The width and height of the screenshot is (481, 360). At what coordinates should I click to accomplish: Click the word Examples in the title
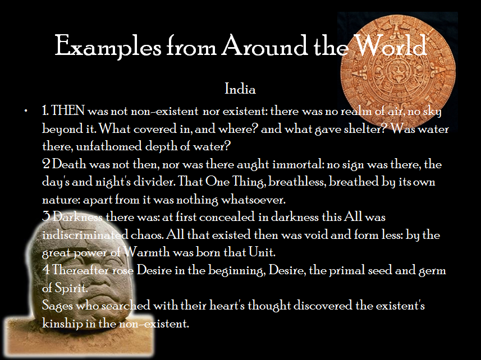point(108,46)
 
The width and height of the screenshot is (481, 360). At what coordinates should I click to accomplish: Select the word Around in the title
point(265,45)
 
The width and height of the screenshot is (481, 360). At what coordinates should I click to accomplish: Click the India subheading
point(240,89)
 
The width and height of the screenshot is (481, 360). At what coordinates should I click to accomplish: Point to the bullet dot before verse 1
point(26,110)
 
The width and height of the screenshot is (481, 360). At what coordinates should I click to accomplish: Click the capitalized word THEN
point(68,110)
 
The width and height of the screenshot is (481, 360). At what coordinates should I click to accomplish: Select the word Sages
point(57,306)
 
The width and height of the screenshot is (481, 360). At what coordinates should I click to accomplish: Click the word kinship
point(62,323)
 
